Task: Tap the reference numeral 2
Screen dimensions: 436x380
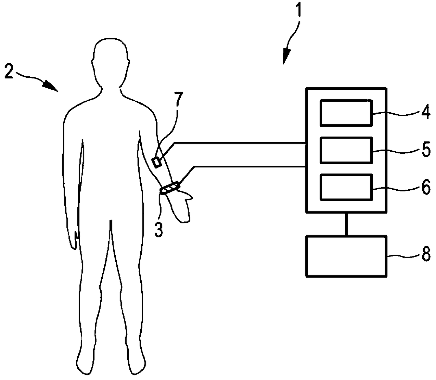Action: tap(9, 72)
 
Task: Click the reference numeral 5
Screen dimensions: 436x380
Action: tap(426, 150)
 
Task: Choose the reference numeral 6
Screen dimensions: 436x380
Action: tap(426, 188)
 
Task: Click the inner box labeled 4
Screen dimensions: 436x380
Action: tap(346, 113)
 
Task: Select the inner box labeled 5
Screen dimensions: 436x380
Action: tap(346, 150)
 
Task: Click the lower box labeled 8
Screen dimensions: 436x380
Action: tap(347, 256)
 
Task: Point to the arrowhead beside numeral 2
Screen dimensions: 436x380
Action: tap(52, 87)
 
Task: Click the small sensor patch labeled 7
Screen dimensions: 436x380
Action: tap(156, 162)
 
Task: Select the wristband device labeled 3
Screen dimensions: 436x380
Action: tap(170, 187)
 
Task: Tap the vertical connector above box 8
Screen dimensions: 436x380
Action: tap(346, 224)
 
